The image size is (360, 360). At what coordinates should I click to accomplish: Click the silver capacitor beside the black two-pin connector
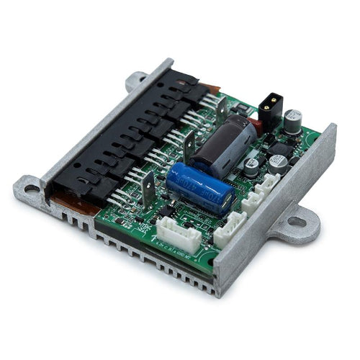pos(292,120)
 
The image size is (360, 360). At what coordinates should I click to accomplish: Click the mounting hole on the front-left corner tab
pos(32,189)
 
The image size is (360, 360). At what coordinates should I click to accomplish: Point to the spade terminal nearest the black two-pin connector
pos(220,109)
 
